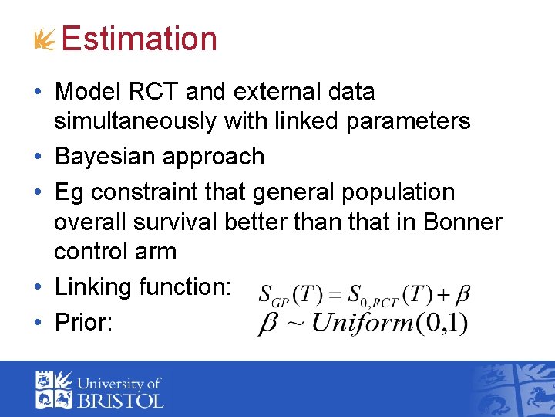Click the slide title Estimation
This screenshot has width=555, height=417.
point(140,39)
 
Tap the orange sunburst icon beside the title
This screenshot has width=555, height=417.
point(45,40)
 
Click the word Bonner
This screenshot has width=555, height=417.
point(462,222)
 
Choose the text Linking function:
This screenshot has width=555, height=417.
point(143,287)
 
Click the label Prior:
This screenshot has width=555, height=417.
point(84,322)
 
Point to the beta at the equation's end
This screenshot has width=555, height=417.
point(462,294)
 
